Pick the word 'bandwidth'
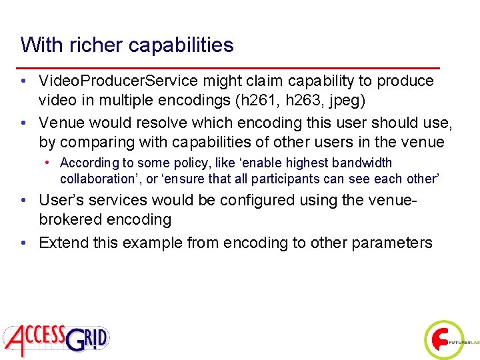coord(361,163)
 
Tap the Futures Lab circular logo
coord(444,339)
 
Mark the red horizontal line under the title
coord(230,68)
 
